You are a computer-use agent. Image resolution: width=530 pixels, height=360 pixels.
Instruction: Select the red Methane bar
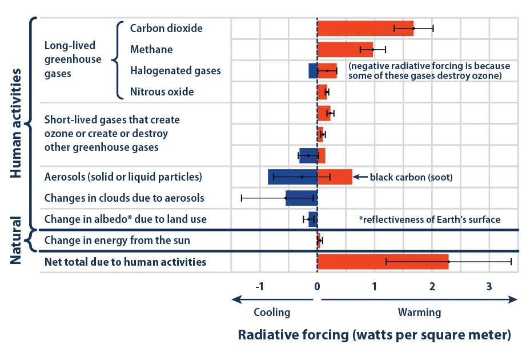tap(344, 50)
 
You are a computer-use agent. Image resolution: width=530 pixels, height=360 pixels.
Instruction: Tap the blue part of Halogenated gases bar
tap(313, 71)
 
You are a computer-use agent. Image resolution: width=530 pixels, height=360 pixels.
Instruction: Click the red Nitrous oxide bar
tap(322, 91)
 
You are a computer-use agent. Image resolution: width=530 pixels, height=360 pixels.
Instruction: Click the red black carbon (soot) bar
tap(334, 177)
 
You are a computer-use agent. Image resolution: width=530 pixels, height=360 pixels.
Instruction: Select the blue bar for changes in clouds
tap(301, 198)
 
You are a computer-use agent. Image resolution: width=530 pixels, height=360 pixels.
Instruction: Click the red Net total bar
tap(383, 262)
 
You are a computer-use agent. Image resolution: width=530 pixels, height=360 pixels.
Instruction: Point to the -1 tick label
tap(259, 287)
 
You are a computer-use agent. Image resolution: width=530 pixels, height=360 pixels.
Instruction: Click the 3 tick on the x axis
tap(489, 287)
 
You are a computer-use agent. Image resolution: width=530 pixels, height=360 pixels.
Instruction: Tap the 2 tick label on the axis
tap(432, 287)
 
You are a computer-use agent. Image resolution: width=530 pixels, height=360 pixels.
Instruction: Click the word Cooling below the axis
tap(272, 313)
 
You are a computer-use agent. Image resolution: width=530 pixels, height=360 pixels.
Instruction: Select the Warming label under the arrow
tap(420, 313)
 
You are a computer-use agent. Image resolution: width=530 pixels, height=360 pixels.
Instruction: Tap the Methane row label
tap(151, 50)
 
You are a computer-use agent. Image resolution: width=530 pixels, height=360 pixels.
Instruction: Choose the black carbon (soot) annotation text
tap(411, 177)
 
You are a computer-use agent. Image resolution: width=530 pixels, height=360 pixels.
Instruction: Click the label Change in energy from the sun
tap(117, 241)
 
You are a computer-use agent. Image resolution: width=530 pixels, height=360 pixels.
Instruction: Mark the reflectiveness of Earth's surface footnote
tap(429, 219)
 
